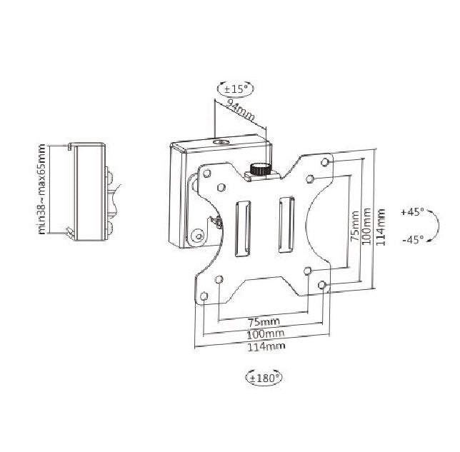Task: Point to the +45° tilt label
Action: [x=413, y=212]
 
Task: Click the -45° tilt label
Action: [x=413, y=240]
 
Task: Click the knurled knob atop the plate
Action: [x=259, y=170]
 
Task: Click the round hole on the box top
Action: [x=219, y=143]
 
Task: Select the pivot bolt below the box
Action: [x=198, y=232]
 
